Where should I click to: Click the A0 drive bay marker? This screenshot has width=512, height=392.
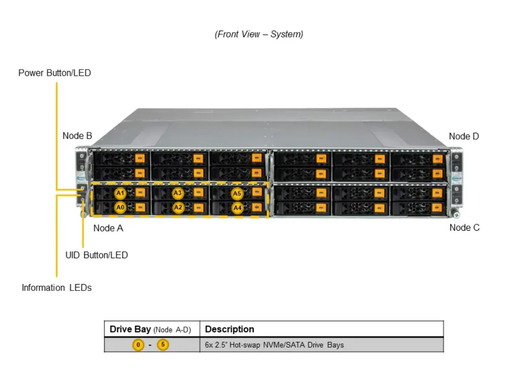coord(120,207)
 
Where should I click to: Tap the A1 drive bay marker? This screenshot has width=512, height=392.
coord(120,193)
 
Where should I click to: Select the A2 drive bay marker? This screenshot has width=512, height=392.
coord(178,207)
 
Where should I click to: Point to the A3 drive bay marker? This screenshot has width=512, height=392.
coord(178,193)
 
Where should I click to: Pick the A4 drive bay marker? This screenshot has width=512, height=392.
coord(237,208)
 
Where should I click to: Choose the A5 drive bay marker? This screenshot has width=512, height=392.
coord(237,194)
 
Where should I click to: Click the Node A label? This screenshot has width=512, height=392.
coord(108,228)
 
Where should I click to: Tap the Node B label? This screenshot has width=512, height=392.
coord(77,136)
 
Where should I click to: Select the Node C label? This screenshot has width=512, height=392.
coord(465,228)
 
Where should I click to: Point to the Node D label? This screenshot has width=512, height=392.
coord(464,136)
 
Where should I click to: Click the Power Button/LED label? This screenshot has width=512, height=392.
coord(55,73)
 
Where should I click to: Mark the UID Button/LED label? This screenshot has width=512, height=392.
coord(97,255)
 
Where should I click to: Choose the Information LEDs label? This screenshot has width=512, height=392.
coord(57,288)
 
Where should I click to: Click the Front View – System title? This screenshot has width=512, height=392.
coord(259,34)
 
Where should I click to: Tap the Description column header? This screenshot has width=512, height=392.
coord(230,329)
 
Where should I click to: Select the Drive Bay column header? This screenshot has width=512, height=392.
coord(150,330)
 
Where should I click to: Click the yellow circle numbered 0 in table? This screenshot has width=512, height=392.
coord(138,345)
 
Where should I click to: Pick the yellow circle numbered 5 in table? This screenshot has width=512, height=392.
coord(163,345)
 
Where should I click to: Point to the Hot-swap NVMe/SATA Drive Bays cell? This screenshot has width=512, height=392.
coord(274,345)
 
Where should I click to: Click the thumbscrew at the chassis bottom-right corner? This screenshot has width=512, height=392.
coord(456,214)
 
